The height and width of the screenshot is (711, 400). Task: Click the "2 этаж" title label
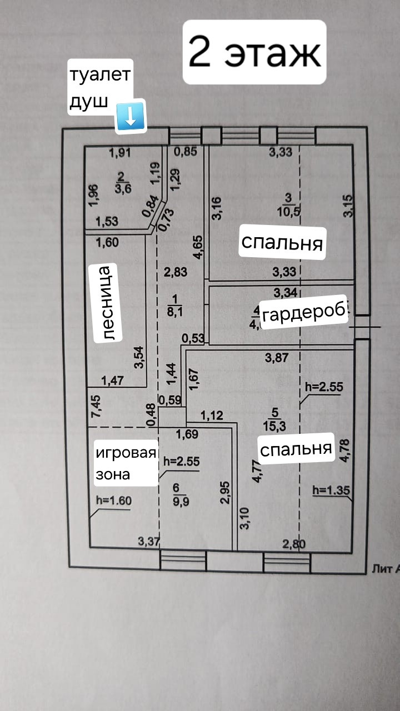tap(254, 52)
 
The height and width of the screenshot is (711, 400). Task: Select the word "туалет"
tap(100, 75)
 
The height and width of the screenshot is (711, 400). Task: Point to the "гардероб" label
tap(303, 315)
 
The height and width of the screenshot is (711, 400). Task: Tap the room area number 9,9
tap(177, 500)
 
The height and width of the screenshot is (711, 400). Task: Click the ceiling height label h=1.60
tap(113, 499)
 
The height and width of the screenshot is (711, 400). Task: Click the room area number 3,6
tap(122, 188)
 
